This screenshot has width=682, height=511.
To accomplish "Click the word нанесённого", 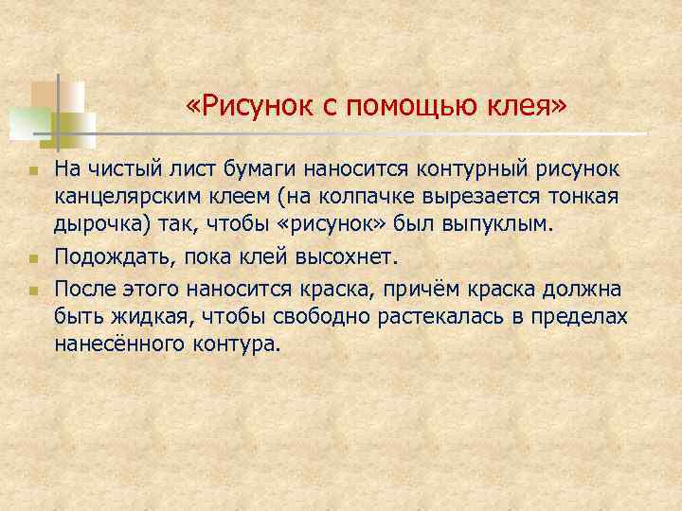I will [x=125, y=344].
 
